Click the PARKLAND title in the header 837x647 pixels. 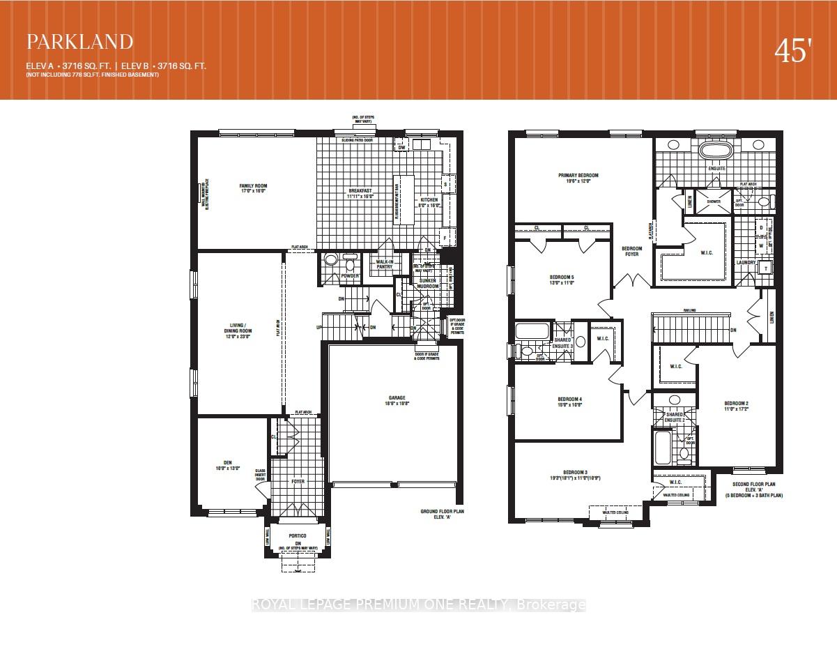79,42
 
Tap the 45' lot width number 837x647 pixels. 793,52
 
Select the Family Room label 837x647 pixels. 253,186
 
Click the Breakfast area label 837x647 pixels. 360,190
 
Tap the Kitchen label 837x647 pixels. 429,200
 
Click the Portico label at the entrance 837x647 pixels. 298,537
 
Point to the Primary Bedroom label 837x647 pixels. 578,176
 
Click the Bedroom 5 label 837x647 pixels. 561,277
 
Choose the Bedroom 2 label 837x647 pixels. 736,404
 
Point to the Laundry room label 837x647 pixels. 746,263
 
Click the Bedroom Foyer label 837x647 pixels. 632,252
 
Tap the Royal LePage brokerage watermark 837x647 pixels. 418,605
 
